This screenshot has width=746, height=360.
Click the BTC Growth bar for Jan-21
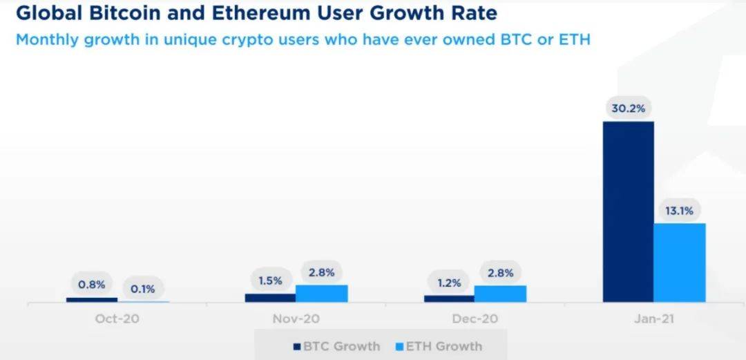[628, 211]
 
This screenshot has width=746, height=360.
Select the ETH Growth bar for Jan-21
[680, 263]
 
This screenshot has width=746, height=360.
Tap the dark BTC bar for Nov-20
[270, 298]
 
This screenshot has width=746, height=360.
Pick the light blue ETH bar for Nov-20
[321, 294]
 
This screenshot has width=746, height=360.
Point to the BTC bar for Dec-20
[449, 299]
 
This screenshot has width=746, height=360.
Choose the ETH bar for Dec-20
[500, 294]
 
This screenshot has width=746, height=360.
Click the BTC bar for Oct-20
[92, 300]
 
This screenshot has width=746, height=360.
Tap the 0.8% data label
[92, 283]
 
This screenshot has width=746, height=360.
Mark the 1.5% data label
[270, 281]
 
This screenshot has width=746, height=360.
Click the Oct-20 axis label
[117, 319]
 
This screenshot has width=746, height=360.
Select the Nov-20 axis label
[296, 319]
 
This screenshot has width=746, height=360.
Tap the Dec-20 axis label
[475, 319]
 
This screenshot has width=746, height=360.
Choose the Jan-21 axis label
[653, 319]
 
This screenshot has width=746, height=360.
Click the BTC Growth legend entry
[336, 346]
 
